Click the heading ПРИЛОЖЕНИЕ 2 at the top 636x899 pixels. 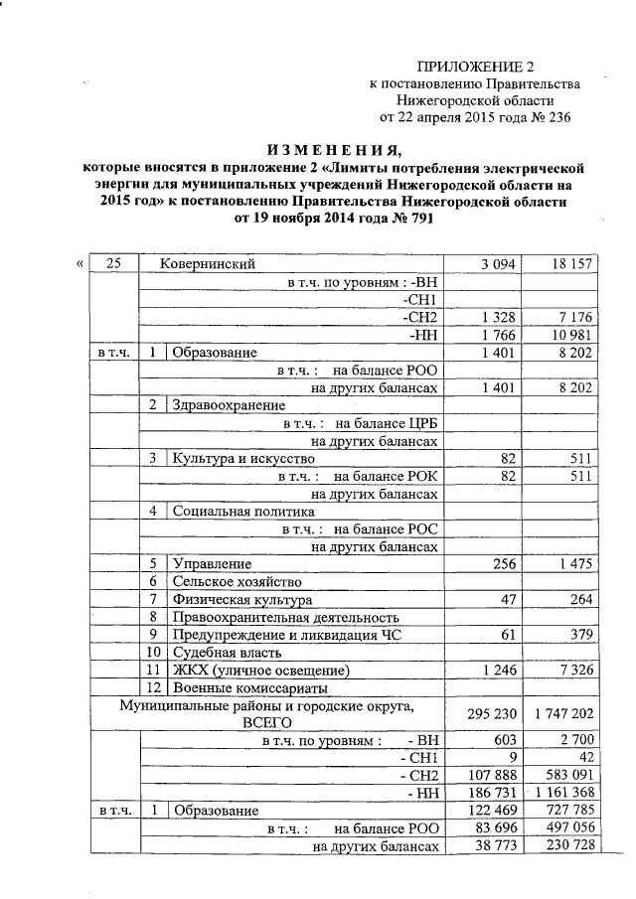[x=481, y=67]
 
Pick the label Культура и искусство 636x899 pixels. [x=243, y=459]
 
